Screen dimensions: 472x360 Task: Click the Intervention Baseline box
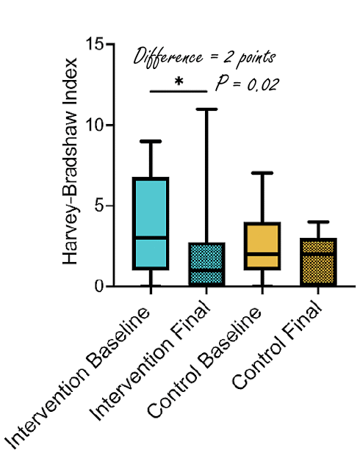pos(151,223)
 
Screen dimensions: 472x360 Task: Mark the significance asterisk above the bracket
pos(179,81)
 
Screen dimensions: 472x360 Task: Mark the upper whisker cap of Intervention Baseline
pos(151,142)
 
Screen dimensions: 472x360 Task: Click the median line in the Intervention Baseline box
pos(151,238)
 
